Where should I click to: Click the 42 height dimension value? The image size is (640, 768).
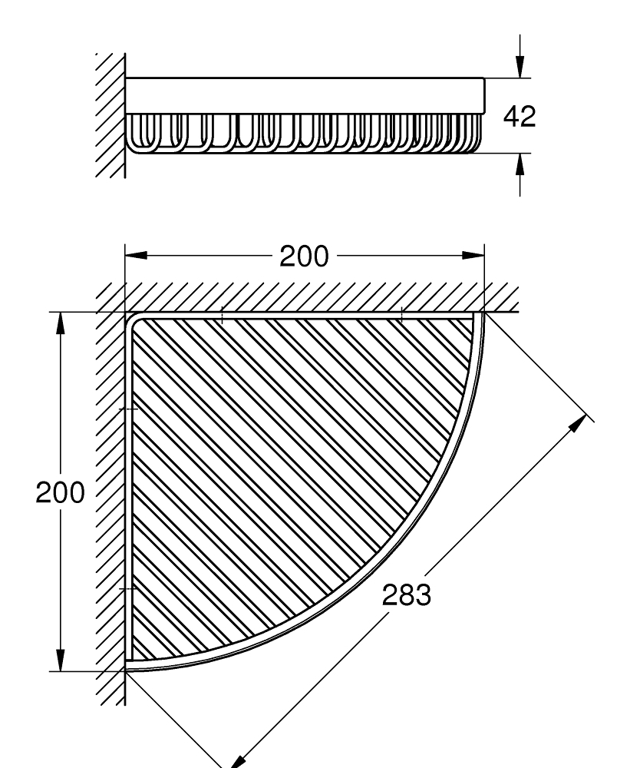[x=519, y=116]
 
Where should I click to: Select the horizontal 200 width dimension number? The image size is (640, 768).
[x=303, y=257]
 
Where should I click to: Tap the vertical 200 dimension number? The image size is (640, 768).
[x=60, y=492]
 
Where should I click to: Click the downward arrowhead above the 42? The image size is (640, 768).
[x=520, y=67]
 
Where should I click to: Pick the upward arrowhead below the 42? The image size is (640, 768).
[x=520, y=163]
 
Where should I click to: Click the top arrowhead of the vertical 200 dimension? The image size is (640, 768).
[x=61, y=323]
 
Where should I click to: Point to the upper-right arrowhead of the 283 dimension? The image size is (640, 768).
[x=586, y=422]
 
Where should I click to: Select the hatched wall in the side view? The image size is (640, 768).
[x=112, y=115]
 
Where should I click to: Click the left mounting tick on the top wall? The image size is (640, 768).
[x=221, y=314]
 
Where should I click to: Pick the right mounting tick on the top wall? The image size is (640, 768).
[x=401, y=314]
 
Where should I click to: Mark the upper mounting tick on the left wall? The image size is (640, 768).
[x=130, y=409]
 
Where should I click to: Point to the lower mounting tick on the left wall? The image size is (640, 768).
[x=130, y=588]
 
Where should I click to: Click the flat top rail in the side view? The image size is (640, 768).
[x=304, y=95]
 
